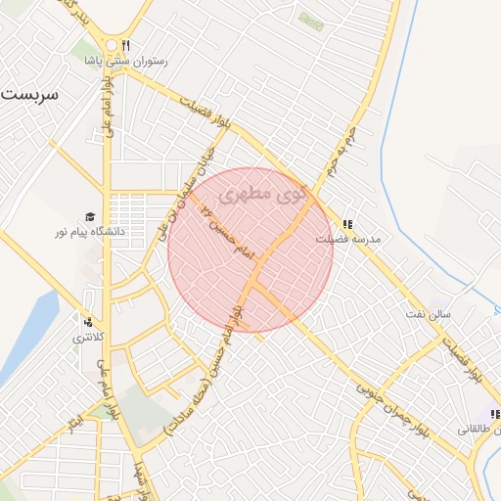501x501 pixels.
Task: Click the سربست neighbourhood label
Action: click(29, 96)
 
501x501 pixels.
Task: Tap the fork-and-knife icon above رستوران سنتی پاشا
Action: click(125, 45)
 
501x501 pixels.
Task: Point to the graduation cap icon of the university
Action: click(90, 217)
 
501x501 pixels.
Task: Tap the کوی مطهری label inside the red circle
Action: click(263, 195)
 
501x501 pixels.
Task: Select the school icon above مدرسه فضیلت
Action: click(347, 222)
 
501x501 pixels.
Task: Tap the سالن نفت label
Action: click(430, 314)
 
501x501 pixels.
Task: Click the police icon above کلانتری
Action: click(89, 321)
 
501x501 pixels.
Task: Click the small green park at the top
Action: click(310, 20)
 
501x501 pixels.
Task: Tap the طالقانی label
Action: click(479, 429)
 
